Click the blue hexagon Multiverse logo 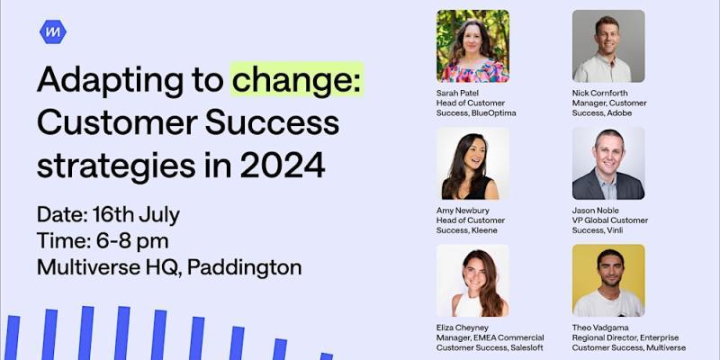(x=53, y=32)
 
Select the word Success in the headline (x=272, y=122)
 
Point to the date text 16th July (x=136, y=215)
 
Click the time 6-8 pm (x=132, y=240)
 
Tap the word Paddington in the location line (x=244, y=267)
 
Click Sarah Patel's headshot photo (x=472, y=46)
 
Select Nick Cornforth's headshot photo (x=608, y=46)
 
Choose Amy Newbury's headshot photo (x=472, y=163)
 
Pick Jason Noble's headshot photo (x=608, y=163)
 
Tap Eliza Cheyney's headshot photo (x=472, y=280)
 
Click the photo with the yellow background (x=608, y=280)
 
